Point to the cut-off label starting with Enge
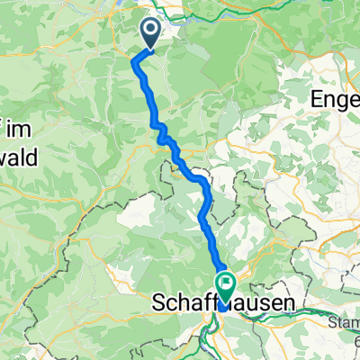point(334,98)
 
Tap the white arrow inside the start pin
point(150,32)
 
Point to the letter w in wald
point(7,157)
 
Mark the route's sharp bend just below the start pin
point(135,60)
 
